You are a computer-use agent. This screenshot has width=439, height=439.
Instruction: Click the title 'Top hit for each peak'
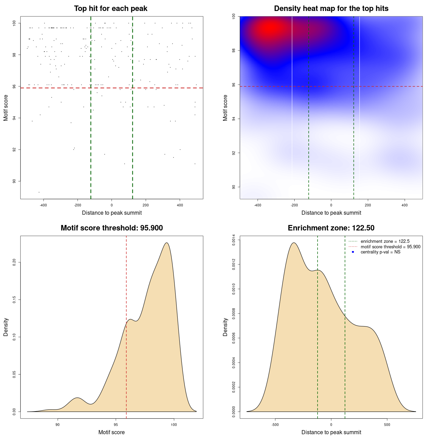pos(110,9)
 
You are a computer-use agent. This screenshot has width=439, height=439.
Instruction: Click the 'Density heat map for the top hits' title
pos(331,9)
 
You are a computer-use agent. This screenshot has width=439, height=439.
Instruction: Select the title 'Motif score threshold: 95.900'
pos(111,228)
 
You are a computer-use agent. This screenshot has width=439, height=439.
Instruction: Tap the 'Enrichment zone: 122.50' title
pos(331,228)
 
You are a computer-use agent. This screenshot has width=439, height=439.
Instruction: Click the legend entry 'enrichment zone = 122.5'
pos(385,241)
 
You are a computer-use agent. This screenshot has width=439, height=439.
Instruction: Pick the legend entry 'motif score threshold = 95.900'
pos(390,247)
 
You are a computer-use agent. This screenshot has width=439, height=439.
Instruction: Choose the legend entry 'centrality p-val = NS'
pos(380,252)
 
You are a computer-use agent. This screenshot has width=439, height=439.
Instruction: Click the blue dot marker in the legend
pos(353,252)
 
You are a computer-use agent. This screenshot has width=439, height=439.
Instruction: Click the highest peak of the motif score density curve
pos(167,243)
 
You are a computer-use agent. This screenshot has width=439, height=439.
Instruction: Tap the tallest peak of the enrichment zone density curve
pos(294,243)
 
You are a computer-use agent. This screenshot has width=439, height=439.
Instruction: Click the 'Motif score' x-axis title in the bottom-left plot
pos(111,432)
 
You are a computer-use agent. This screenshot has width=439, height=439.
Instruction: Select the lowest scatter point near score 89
pos(39,192)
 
